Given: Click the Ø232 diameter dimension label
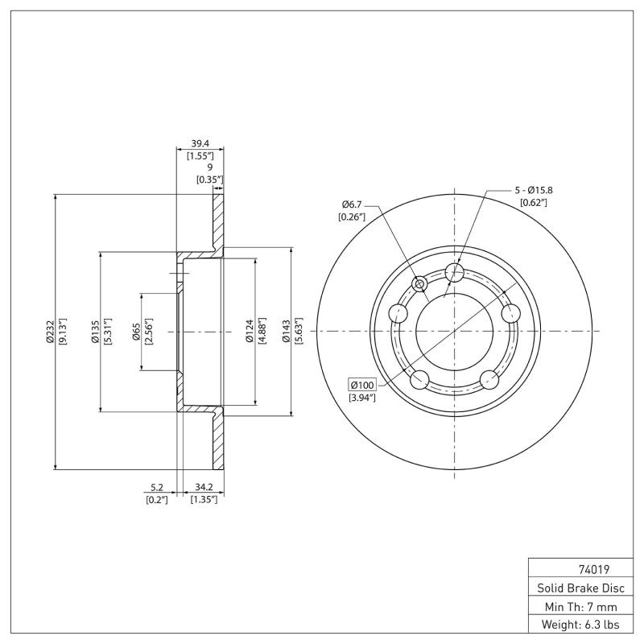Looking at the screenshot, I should (50, 331).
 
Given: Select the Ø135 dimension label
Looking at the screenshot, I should (95, 331).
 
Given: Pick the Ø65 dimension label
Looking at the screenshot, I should (137, 331).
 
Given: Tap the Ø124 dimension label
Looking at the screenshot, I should (250, 331).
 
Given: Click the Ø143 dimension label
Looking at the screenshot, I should (286, 331).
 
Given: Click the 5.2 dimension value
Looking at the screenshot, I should (157, 487).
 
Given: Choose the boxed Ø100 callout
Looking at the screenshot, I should (362, 384).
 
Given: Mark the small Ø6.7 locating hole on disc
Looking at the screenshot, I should (419, 283).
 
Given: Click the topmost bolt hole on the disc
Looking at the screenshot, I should (454, 271).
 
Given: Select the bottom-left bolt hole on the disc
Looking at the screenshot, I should (419, 378).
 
